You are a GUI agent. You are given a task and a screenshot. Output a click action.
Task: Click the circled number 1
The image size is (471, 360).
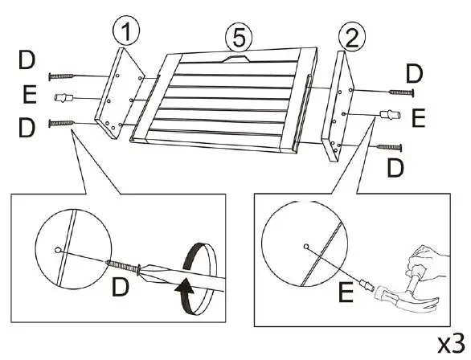(x=126, y=31)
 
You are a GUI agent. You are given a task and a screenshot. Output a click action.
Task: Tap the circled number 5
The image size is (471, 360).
(x=239, y=38)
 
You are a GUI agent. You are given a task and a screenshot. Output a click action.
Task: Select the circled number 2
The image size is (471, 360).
(x=352, y=38)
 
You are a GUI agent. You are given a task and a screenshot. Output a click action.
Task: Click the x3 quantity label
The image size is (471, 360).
(x=451, y=344)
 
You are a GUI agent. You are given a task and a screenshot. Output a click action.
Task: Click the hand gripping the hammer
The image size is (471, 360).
(x=428, y=262)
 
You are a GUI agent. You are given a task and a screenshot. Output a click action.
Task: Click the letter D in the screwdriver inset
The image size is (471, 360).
(x=121, y=287)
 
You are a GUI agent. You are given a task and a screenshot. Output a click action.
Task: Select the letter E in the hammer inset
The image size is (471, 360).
(x=346, y=292)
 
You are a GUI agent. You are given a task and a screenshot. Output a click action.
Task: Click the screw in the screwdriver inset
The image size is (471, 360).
(x=124, y=265)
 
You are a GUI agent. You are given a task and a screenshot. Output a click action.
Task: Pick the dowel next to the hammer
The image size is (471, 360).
(x=367, y=284)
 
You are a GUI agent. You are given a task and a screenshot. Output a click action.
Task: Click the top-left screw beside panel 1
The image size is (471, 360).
(x=61, y=76)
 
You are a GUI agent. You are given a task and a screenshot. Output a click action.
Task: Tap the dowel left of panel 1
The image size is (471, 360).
(x=63, y=97)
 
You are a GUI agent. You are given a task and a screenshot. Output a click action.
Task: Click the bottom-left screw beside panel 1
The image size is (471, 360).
(x=62, y=123)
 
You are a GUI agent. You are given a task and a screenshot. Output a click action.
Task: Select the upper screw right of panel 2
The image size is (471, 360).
(x=401, y=92)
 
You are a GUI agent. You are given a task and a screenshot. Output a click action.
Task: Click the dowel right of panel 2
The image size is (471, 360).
(x=390, y=114)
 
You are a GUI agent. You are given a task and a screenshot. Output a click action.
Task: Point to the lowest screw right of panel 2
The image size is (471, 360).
(x=389, y=147)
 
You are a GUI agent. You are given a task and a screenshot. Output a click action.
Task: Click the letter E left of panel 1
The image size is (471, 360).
(x=30, y=94)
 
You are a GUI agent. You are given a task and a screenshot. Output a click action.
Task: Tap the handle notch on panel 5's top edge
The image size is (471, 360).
(x=236, y=59)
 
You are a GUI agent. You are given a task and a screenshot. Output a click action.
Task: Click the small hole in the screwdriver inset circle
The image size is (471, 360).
(x=57, y=250)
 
